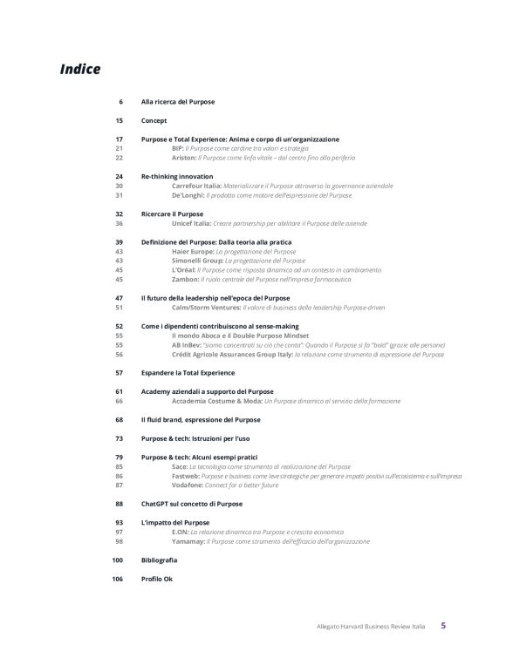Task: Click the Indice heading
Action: (x=79, y=68)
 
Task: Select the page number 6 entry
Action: (x=120, y=102)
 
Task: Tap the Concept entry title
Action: (x=154, y=120)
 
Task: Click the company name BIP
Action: (x=179, y=149)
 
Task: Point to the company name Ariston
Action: (x=184, y=158)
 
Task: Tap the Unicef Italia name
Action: (x=193, y=223)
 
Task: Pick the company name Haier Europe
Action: (x=194, y=251)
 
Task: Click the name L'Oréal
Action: (x=185, y=270)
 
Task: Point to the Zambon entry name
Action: (x=186, y=279)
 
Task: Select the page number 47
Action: (x=119, y=298)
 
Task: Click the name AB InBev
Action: (x=188, y=344)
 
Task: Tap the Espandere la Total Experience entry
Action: (x=182, y=372)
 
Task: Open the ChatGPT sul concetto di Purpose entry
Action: (x=192, y=504)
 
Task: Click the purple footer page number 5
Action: (x=443, y=625)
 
